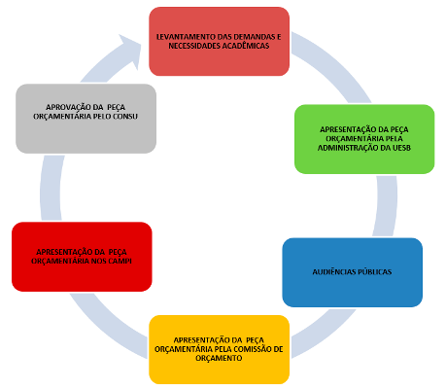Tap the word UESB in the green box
click(x=401, y=148)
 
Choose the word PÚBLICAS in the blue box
click(x=373, y=272)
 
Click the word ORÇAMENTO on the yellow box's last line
click(x=219, y=359)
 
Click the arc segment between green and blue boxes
click(x=386, y=206)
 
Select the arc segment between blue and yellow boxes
click(x=324, y=334)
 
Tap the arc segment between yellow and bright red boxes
click(x=107, y=328)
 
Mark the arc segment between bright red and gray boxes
click(x=51, y=188)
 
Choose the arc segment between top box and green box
click(x=333, y=65)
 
